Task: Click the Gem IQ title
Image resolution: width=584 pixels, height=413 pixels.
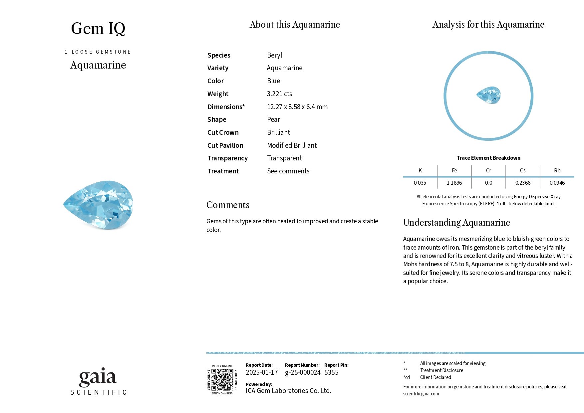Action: [98, 29]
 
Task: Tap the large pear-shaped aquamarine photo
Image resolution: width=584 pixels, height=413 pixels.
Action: [99, 205]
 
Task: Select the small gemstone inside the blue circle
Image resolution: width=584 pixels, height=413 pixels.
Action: [488, 95]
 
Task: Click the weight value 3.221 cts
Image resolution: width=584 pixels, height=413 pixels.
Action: [279, 94]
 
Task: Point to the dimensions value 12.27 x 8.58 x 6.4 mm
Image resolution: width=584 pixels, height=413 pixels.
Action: [297, 107]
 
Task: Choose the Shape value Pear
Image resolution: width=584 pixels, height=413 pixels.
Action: [273, 119]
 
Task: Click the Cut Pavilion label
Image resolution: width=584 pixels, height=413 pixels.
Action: [225, 145]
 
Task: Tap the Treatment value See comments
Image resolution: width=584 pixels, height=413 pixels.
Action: [288, 171]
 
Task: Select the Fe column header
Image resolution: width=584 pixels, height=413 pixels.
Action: [454, 170]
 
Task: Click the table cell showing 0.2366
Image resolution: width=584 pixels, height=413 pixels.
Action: [523, 183]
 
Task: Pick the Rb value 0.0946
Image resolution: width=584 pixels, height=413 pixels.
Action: [557, 183]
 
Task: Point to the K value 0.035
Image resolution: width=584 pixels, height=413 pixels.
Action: [420, 183]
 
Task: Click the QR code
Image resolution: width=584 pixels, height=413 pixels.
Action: [222, 380]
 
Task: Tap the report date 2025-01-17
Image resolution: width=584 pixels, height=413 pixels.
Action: [262, 372]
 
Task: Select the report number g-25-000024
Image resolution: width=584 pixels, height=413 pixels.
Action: [303, 372]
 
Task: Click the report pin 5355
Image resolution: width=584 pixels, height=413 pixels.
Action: [331, 372]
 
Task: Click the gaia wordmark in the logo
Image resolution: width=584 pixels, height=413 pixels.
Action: [98, 377]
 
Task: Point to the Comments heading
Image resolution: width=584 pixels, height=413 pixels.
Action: [228, 205]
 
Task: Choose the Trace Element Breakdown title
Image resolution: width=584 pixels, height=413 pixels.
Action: [488, 158]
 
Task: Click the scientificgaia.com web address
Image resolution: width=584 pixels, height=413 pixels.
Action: [421, 394]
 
